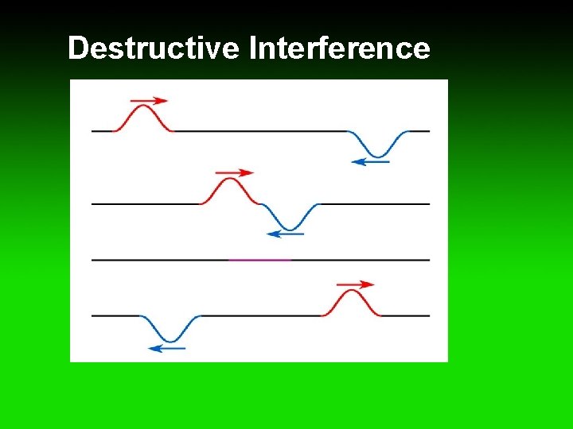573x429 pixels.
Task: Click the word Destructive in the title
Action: pos(153,49)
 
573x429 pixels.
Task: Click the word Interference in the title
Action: pos(340,49)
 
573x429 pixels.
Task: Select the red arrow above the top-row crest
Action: pos(149,101)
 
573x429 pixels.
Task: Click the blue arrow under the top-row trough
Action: pos(370,162)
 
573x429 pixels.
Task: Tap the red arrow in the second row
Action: pos(235,172)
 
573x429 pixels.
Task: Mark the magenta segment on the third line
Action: pos(259,260)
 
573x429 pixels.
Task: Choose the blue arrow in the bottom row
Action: pos(167,348)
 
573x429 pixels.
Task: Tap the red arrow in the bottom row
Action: pos(355,284)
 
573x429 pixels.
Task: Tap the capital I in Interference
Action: pos(252,49)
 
